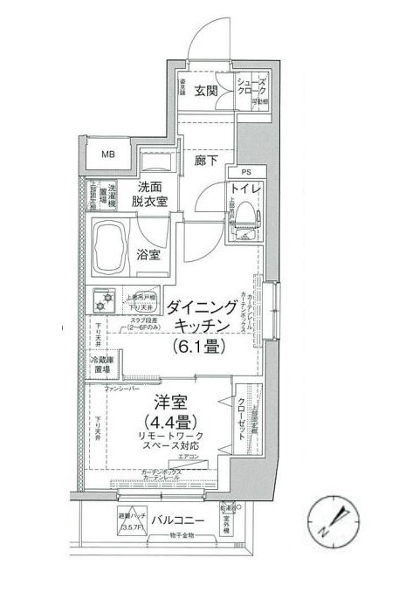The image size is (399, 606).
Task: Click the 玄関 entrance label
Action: [206, 89]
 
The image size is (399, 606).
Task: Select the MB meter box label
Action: [109, 155]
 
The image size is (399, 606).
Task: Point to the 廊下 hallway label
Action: [206, 161]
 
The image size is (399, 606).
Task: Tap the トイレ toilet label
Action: [246, 188]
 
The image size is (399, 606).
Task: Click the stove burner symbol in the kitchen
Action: [106, 300]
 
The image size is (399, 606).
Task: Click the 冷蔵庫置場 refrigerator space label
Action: [103, 367]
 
